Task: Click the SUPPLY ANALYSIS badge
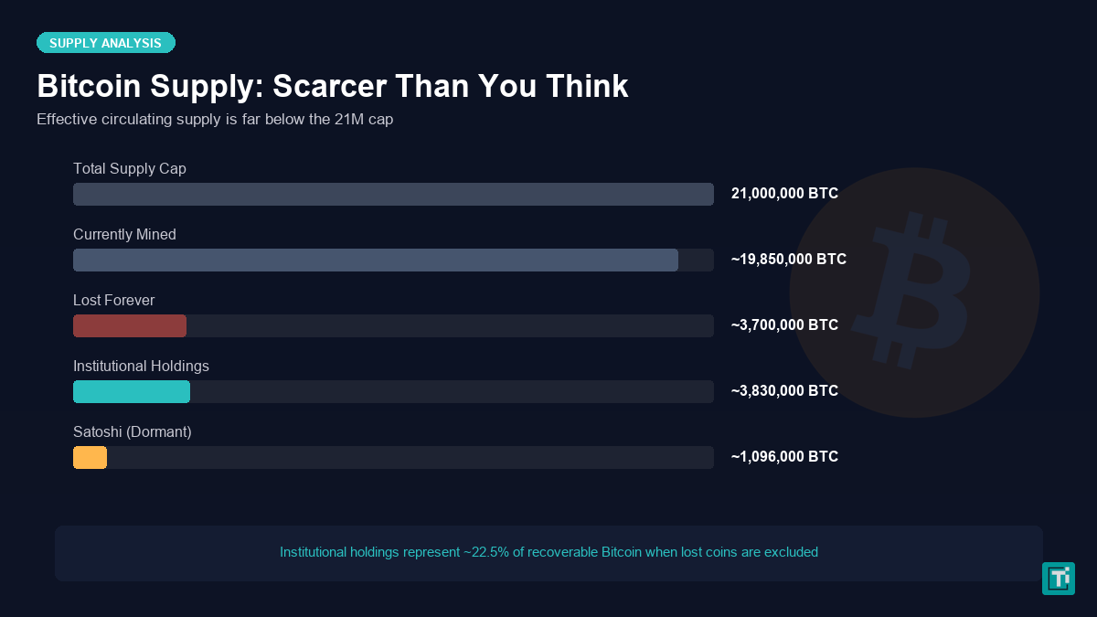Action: click(105, 43)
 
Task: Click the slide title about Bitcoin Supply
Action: click(332, 86)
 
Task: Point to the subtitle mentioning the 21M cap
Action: click(215, 119)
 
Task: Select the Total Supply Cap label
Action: click(130, 168)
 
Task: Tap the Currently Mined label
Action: click(124, 234)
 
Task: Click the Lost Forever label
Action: click(113, 300)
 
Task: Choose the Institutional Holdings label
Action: click(141, 366)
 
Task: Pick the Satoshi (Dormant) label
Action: click(132, 431)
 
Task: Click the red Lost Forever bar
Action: click(130, 326)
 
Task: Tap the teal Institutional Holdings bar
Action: click(132, 392)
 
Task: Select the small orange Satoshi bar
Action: click(90, 458)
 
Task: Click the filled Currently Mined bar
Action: click(375, 261)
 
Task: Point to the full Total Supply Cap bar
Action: click(393, 195)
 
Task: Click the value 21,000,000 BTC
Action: click(784, 194)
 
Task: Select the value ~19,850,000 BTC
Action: click(788, 260)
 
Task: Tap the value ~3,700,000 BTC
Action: click(784, 325)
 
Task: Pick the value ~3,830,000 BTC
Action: click(784, 391)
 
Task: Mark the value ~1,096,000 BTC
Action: click(784, 457)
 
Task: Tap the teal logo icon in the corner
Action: click(1058, 579)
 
